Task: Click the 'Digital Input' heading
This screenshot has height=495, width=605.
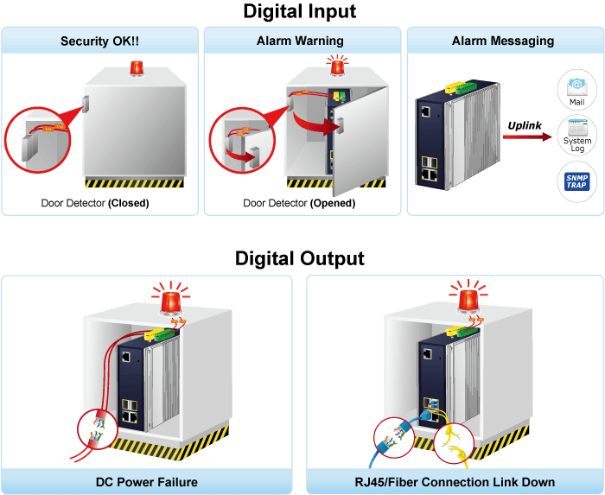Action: tap(299, 11)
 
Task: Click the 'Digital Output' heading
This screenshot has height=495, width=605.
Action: tap(299, 258)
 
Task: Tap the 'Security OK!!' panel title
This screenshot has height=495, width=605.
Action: tap(99, 41)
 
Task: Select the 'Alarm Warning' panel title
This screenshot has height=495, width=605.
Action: tap(300, 41)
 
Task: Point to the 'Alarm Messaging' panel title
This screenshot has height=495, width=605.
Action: tap(503, 41)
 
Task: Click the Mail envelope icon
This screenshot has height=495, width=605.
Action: tap(576, 87)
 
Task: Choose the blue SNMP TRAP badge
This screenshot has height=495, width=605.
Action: tap(576, 181)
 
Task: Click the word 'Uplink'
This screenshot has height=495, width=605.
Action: tap(525, 125)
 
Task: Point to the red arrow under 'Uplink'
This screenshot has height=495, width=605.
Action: tap(527, 136)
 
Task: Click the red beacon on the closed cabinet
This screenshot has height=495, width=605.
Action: tap(137, 68)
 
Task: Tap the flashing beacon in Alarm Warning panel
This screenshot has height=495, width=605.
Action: tap(338, 66)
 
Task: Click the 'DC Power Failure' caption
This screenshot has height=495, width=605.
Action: tap(147, 482)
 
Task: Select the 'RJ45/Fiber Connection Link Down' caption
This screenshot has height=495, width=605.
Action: tap(455, 482)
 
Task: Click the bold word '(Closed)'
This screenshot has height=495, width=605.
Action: tap(129, 203)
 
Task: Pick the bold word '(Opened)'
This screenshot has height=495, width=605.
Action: tap(333, 203)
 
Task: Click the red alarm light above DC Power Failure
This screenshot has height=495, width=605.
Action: tap(171, 301)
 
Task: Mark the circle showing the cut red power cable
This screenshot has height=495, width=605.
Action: tap(97, 429)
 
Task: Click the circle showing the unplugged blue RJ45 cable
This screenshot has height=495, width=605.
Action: tap(394, 438)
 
